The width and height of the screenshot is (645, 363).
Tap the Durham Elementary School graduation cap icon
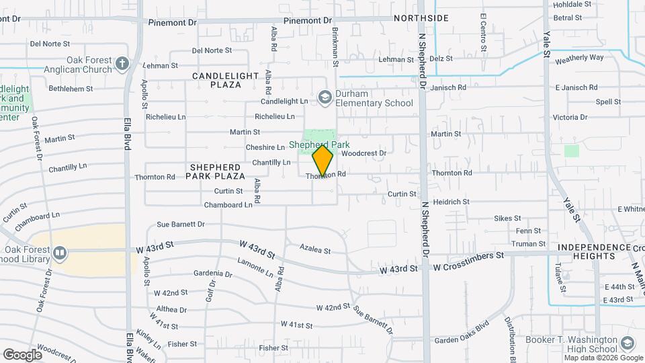pos(325,98)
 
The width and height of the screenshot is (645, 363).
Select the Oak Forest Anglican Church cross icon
pos(122,64)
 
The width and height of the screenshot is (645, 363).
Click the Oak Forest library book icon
pos(60,253)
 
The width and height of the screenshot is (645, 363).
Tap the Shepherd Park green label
pos(320,145)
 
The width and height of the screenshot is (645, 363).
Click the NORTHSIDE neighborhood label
pos(421,18)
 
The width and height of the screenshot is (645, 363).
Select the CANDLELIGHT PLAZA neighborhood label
pos(216,81)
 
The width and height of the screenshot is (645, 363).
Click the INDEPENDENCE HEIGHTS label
pos(586,251)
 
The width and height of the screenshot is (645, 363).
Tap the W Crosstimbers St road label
pos(468,256)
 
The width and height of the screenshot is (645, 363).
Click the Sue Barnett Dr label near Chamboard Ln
pos(179,224)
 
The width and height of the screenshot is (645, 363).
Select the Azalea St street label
pos(315,251)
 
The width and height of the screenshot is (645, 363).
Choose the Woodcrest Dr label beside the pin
pos(363,153)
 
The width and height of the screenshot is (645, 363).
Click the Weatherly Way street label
pos(579,58)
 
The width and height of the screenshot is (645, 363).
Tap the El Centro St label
pos(482,32)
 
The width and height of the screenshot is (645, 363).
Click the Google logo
pos(22,354)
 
